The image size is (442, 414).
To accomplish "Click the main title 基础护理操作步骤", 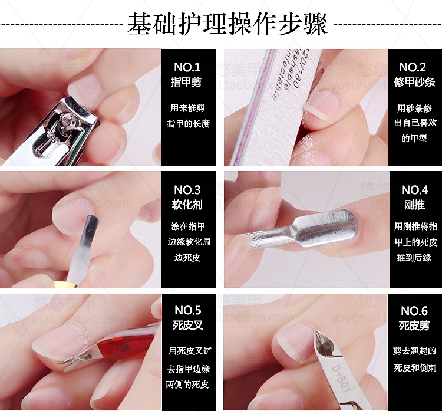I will (x=227, y=25).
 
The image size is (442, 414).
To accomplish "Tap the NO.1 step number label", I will (x=187, y=67).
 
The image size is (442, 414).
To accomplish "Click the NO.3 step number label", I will (x=187, y=190).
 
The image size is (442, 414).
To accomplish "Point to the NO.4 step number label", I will (x=414, y=190).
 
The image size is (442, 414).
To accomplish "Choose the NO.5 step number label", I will (x=187, y=310).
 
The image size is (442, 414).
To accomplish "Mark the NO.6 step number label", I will (x=414, y=310).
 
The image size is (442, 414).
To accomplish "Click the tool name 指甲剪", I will (x=187, y=83).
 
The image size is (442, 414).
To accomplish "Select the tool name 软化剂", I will (x=187, y=205).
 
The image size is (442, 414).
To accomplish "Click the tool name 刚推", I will (x=414, y=205).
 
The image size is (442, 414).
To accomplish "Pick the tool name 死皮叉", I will (x=187, y=326).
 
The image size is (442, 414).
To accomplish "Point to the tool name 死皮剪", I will (x=414, y=326).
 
